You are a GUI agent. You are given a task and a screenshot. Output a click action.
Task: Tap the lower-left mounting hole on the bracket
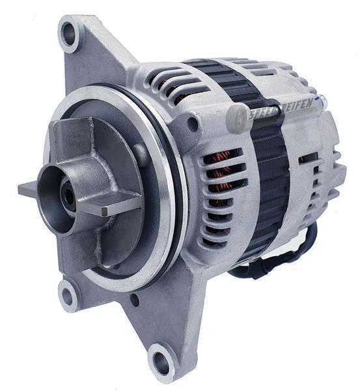68,297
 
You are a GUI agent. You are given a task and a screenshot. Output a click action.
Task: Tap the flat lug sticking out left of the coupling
30,190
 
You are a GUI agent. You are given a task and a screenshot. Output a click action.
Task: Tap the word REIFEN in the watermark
297,105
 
